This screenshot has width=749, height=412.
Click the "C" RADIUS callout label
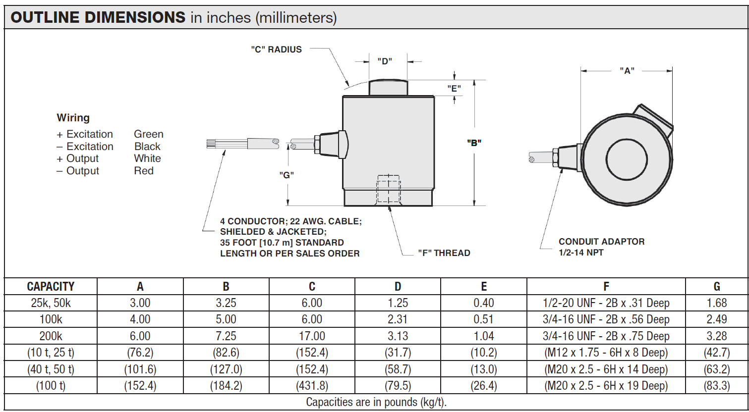(x=276, y=50)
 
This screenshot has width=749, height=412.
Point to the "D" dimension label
(x=385, y=61)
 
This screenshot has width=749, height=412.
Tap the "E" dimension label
(x=454, y=89)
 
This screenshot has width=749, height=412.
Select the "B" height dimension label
(x=474, y=143)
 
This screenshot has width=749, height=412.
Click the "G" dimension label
(x=287, y=175)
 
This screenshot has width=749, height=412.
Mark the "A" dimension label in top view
(x=627, y=71)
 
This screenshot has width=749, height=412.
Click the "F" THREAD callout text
(x=444, y=253)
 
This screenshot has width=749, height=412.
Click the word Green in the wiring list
(x=149, y=134)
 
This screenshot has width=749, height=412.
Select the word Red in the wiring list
(x=143, y=171)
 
